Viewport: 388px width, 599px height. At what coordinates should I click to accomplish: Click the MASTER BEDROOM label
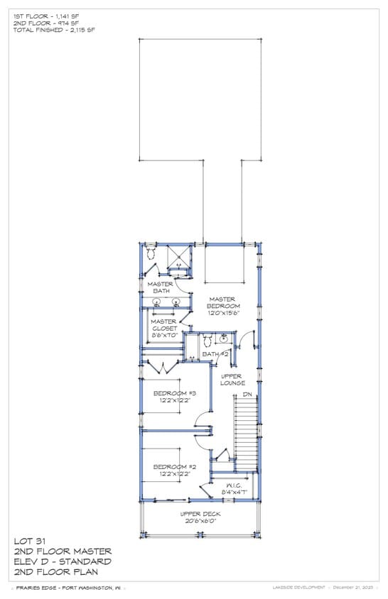pos(224,302)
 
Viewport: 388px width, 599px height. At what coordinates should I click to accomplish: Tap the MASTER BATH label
pos(161,287)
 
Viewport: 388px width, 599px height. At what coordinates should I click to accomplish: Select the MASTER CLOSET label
pos(163,324)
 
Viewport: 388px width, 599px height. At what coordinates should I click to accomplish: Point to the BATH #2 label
pos(215,353)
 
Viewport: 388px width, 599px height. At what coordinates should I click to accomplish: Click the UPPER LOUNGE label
pos(232,379)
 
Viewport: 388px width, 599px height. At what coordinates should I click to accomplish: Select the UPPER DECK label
pos(200,513)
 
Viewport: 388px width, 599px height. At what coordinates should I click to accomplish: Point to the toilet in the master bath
pos(151,252)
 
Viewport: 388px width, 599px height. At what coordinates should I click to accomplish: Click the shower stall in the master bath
pos(178,257)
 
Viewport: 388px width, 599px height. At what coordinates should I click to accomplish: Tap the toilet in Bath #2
pos(208,341)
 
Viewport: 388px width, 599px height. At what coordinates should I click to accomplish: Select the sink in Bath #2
pos(223,339)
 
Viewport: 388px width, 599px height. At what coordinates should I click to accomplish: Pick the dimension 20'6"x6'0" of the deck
pos(200,520)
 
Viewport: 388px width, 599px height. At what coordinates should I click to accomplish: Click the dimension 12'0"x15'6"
pos(224,312)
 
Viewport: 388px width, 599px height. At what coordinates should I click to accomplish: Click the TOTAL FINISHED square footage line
pos(54,30)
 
